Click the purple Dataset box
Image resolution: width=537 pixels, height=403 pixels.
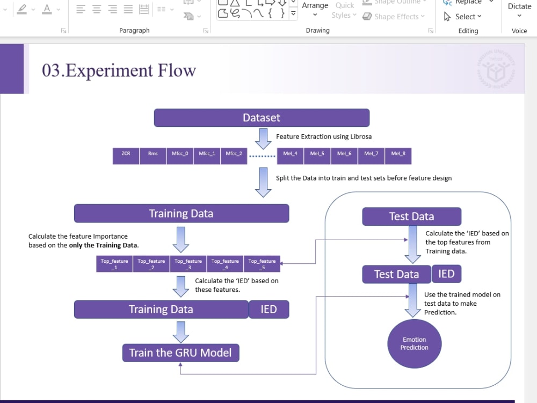(262, 118)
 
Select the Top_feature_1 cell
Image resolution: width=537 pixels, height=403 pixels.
(114, 264)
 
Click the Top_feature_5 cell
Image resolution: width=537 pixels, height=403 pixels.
(262, 264)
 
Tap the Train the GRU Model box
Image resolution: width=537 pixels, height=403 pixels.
(180, 353)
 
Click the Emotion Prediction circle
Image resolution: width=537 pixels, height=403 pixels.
(414, 344)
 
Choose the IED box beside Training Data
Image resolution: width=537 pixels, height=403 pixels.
(268, 309)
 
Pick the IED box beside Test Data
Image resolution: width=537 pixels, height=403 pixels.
(446, 274)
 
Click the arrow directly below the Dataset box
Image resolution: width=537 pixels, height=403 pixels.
(263, 138)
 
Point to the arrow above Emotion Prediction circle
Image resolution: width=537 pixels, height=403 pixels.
(412, 301)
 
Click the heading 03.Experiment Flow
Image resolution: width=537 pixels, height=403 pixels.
(119, 70)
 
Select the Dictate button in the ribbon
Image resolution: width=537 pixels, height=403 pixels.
(519, 6)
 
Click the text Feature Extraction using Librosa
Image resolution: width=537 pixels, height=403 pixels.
(324, 136)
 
